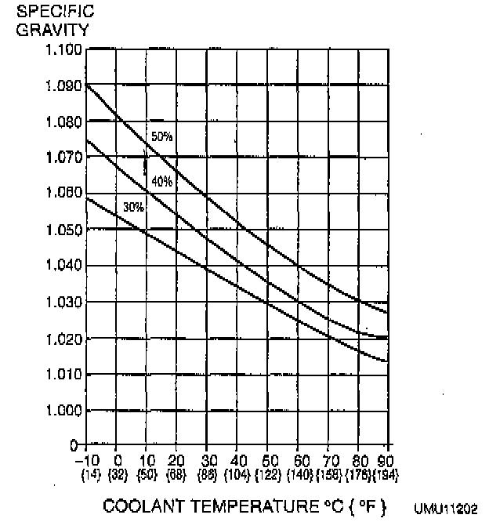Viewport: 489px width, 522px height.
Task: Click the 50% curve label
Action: click(162, 137)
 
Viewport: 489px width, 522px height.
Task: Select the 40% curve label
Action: click(162, 182)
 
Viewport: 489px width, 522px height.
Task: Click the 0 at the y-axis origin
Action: click(74, 445)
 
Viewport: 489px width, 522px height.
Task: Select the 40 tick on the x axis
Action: click(237, 459)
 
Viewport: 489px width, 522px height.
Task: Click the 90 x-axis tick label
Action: click(386, 459)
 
